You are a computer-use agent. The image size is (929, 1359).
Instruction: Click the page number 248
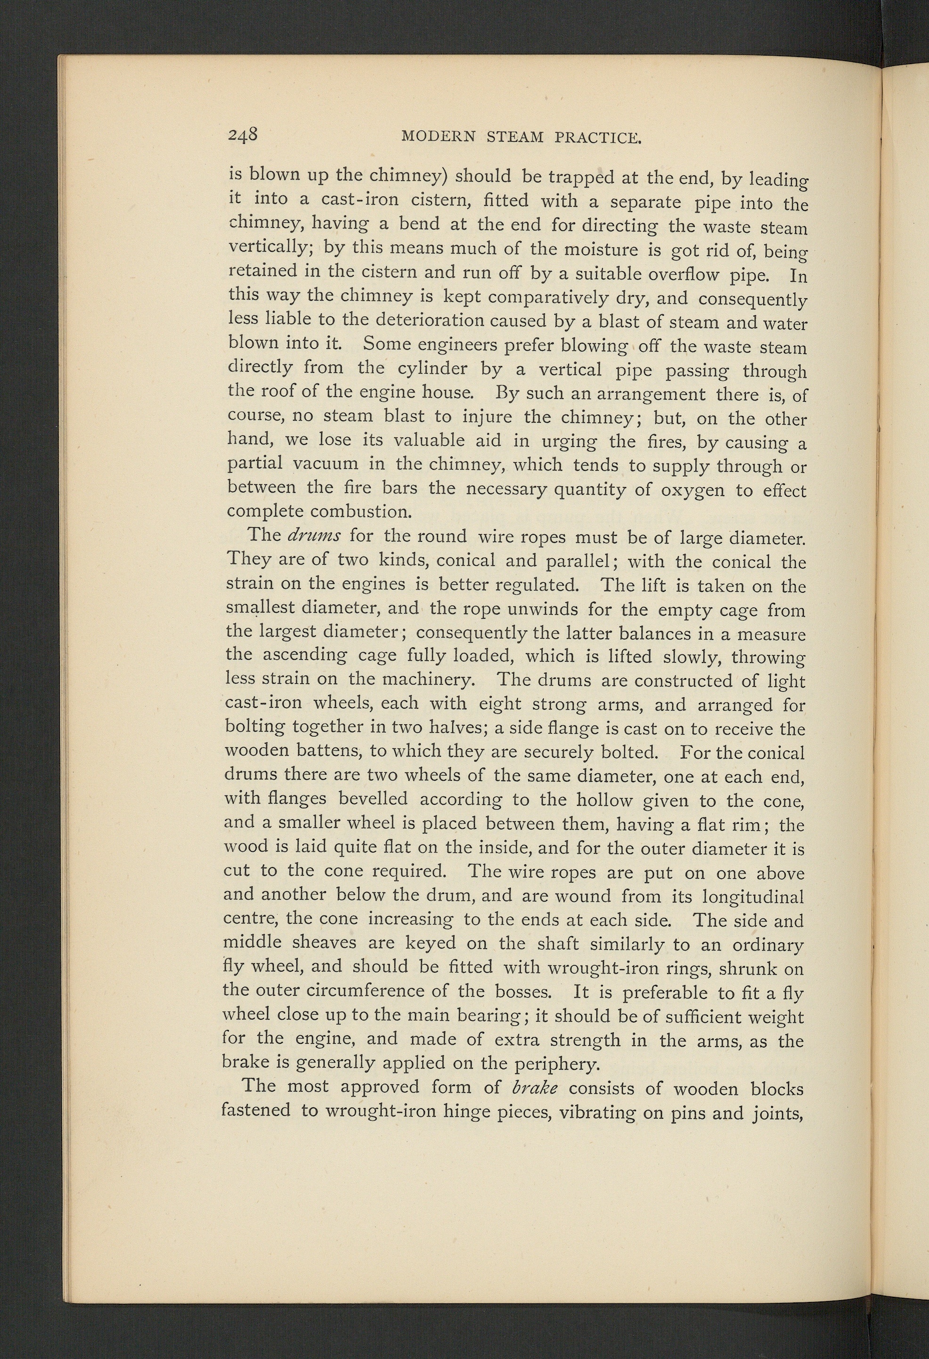pos(243,135)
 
